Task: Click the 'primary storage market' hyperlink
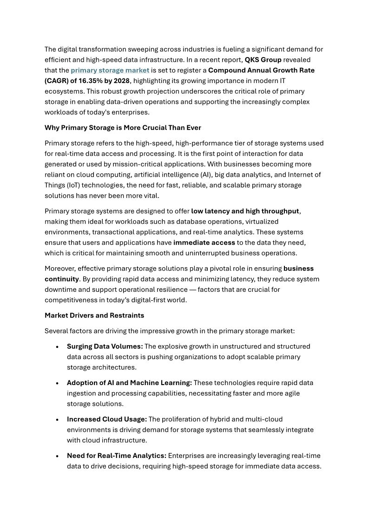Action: click(110, 71)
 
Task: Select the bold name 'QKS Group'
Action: click(263, 60)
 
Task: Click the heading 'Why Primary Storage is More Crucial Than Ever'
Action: click(123, 128)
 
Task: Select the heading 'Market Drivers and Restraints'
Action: click(94, 315)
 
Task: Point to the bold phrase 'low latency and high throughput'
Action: click(245, 211)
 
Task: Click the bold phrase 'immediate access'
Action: click(204, 243)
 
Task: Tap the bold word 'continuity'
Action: click(61, 279)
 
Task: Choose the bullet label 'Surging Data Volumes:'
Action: click(105, 347)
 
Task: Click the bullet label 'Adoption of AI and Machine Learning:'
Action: click(129, 383)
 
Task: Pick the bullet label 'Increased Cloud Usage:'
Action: click(106, 419)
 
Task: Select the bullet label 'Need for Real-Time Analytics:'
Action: click(116, 456)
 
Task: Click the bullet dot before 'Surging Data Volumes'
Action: click(57, 347)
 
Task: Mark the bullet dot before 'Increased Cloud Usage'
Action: click(57, 420)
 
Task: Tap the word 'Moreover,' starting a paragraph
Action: click(60, 269)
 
